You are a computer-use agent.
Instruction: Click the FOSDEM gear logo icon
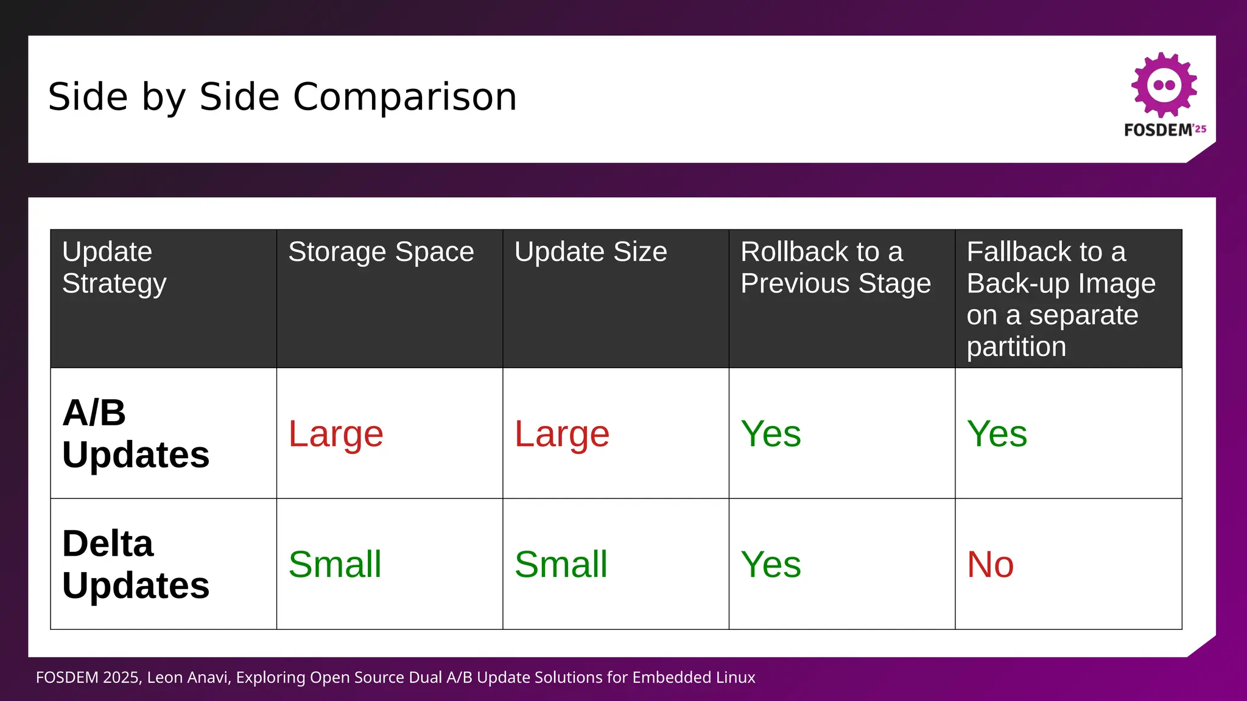click(x=1164, y=85)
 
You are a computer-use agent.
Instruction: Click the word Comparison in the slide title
click(x=404, y=97)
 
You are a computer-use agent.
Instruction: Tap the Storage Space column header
click(x=381, y=252)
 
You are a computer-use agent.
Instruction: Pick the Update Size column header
click(x=590, y=252)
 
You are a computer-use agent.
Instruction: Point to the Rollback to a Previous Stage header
click(x=835, y=268)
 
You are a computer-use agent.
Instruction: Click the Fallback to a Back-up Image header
click(x=1060, y=299)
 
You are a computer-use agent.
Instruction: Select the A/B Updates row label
click(x=135, y=434)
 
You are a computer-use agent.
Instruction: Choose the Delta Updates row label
click(x=135, y=564)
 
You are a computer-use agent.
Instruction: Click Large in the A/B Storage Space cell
click(x=335, y=434)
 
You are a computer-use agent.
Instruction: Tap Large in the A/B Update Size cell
click(x=561, y=434)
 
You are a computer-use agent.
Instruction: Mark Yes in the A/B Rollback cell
click(x=770, y=434)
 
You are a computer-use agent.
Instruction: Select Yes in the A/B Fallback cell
click(x=997, y=434)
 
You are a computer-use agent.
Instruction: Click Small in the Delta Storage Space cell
click(x=334, y=564)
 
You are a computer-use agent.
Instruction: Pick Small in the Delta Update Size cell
click(x=560, y=564)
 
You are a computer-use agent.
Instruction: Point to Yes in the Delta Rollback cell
click(x=770, y=564)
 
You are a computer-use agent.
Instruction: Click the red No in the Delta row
click(x=990, y=564)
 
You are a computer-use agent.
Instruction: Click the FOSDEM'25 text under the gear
click(x=1164, y=130)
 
